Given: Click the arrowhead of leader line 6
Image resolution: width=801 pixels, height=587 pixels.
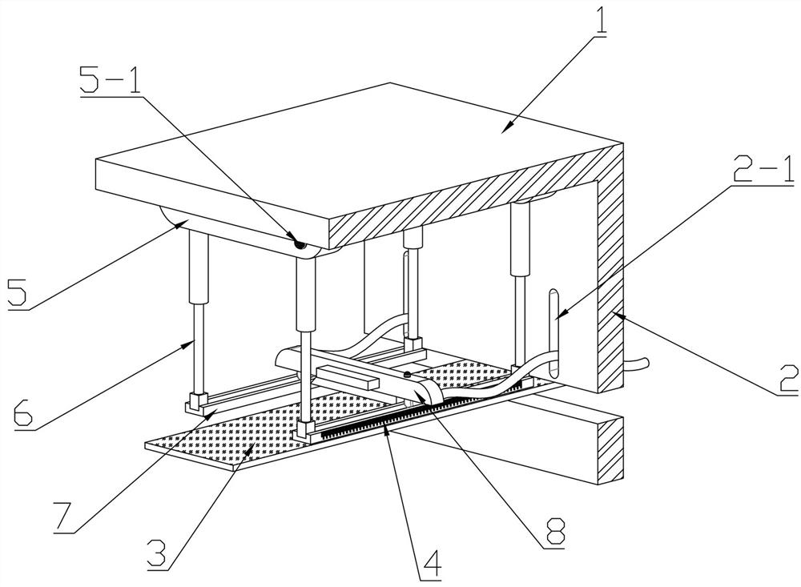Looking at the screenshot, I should point(195,341).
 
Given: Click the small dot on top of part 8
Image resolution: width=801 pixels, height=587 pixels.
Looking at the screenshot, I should point(407,375).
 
